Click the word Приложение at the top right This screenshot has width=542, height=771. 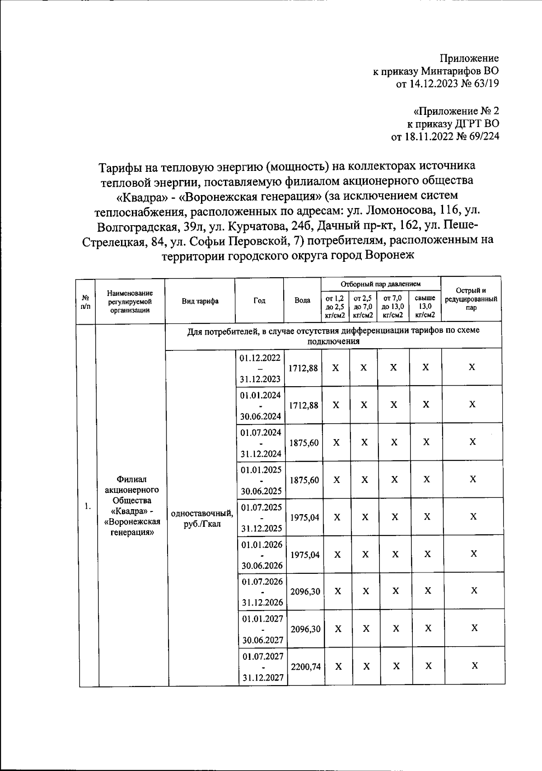pyautogui.click(x=469, y=58)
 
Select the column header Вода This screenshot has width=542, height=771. pyautogui.click(x=302, y=300)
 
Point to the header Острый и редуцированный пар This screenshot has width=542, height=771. pyautogui.click(x=471, y=299)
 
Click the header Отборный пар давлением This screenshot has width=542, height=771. pyautogui.click(x=381, y=284)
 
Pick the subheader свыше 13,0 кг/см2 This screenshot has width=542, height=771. pyautogui.click(x=425, y=307)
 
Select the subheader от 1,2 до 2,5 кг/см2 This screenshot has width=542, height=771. pyautogui.click(x=335, y=307)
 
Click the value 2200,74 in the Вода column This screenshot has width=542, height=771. pyautogui.click(x=306, y=666)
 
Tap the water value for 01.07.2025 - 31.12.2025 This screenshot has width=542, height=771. pyautogui.click(x=304, y=517)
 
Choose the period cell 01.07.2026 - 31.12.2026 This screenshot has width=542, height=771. pyautogui.click(x=262, y=591)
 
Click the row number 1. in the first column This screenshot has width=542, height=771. pyautogui.click(x=88, y=506)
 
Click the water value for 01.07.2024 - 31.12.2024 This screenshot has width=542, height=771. pyautogui.click(x=304, y=443)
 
